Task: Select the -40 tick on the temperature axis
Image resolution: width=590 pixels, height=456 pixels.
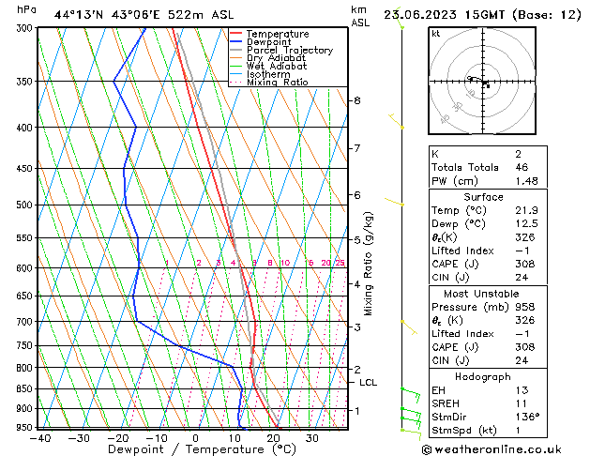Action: (39, 438)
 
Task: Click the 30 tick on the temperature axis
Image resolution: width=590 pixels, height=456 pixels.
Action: (312, 438)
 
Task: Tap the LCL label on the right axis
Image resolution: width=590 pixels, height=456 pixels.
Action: (369, 383)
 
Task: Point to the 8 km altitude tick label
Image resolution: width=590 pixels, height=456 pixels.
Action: (357, 100)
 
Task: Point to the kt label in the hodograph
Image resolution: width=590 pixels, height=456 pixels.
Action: (436, 33)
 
